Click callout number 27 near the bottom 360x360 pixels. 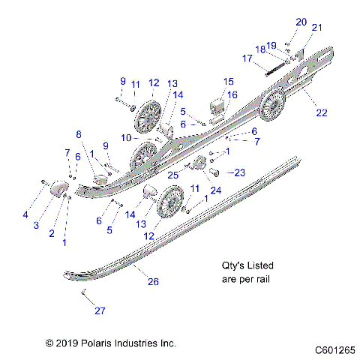(x=98, y=310)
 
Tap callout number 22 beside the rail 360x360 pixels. (x=322, y=113)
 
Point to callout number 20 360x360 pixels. (x=301, y=22)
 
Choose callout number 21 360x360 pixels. (x=316, y=28)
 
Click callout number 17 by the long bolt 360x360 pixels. (x=247, y=58)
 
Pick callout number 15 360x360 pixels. (x=229, y=81)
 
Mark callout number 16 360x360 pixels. (x=232, y=94)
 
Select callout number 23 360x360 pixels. (x=239, y=173)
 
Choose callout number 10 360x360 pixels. (x=127, y=139)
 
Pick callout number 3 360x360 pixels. (x=35, y=225)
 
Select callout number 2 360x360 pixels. (x=52, y=233)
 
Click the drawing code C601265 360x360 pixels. (x=334, y=349)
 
